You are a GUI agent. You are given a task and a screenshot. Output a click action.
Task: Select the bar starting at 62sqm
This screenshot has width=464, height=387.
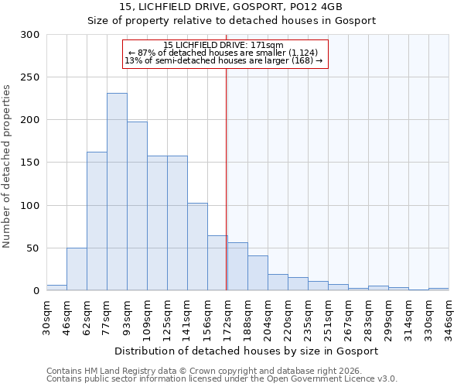[97, 221]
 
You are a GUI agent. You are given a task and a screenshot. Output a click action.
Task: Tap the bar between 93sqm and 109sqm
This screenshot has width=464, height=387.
[137, 206]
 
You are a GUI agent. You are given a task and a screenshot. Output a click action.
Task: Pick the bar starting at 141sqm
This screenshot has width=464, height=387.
[197, 247]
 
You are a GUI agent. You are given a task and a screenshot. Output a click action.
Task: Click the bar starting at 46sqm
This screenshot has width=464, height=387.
[77, 269]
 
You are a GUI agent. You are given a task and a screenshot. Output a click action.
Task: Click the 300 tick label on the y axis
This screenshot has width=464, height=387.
[30, 35]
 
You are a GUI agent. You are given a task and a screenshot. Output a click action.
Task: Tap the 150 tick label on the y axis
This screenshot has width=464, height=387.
[30, 163]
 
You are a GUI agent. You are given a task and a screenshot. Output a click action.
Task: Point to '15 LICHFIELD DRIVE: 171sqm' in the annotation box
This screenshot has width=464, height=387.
[224, 45]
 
